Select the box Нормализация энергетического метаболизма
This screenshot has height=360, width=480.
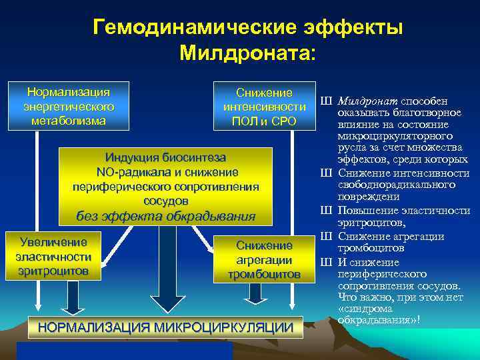click(x=68, y=106)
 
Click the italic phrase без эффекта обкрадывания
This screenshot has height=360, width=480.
click(x=166, y=215)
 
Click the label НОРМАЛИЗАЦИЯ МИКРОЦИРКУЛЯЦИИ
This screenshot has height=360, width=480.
click(x=166, y=327)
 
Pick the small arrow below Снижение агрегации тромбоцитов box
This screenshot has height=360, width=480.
click(x=256, y=294)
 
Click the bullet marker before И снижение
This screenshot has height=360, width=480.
click(x=326, y=262)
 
